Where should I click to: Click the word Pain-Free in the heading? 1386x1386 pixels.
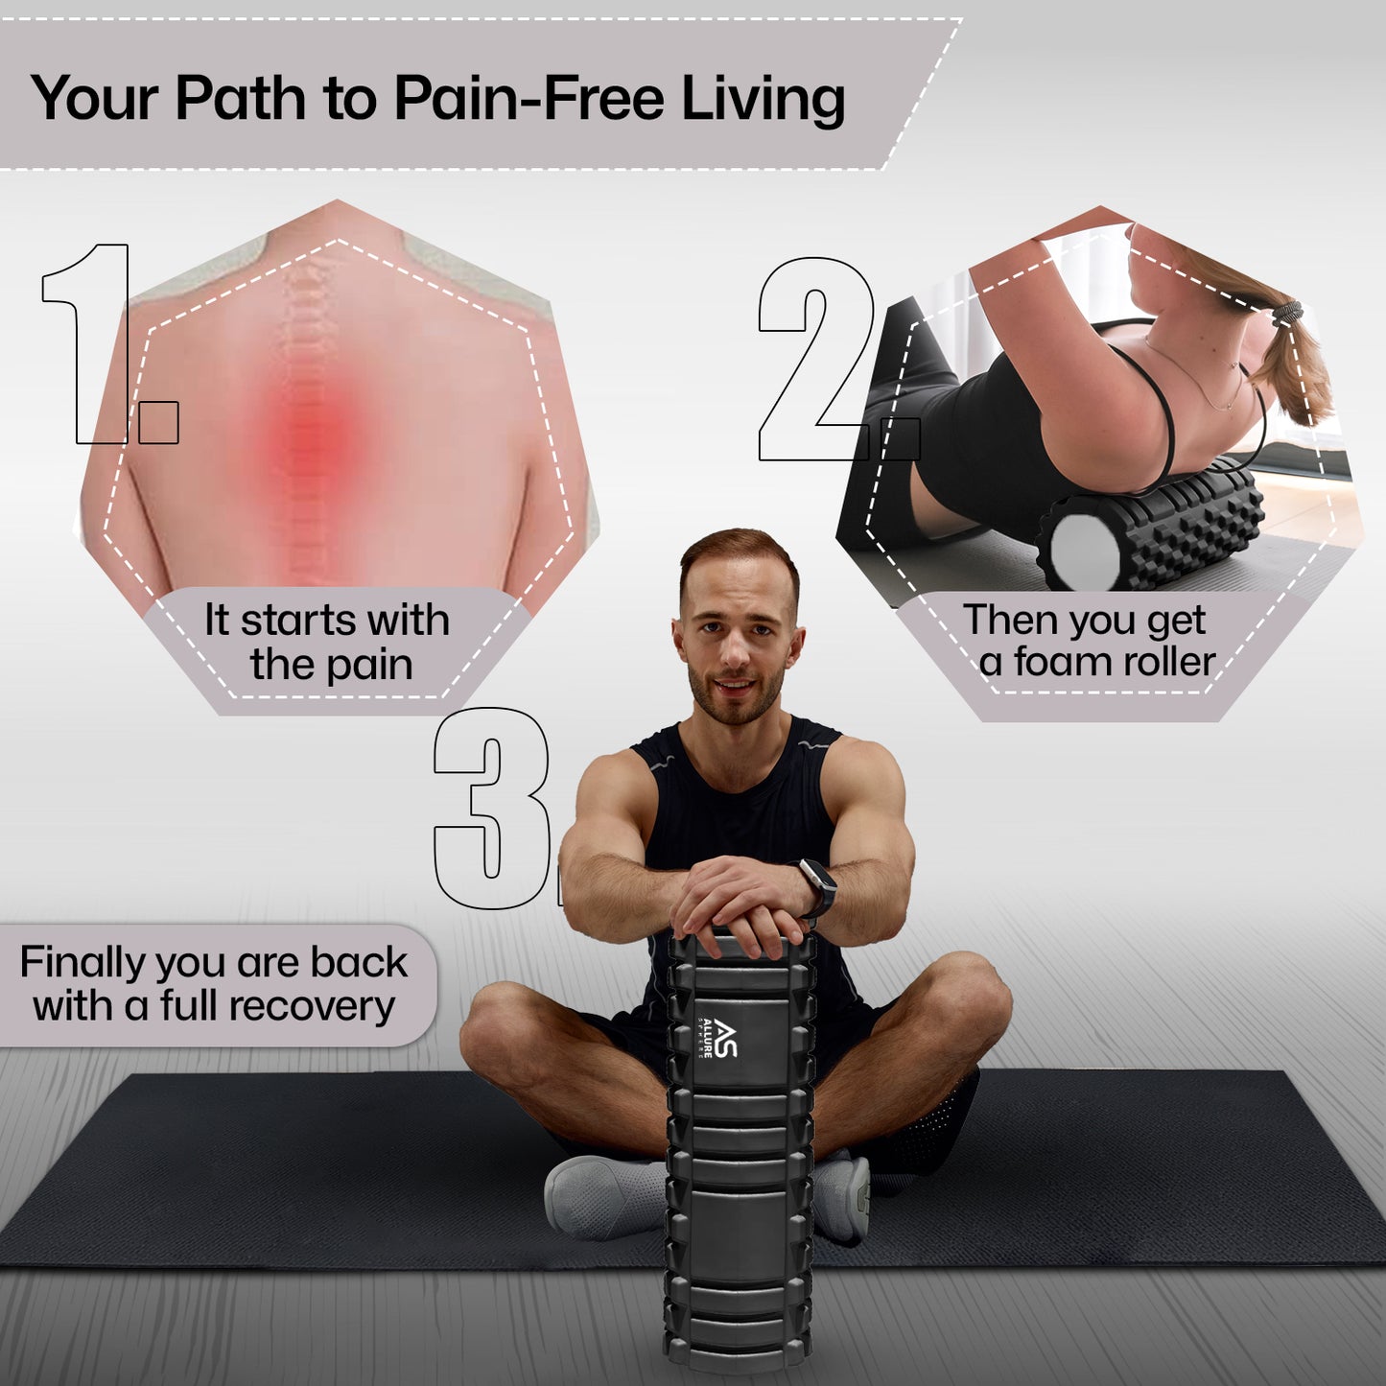pyautogui.click(x=529, y=98)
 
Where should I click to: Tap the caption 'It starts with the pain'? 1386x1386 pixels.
pyautogui.click(x=328, y=643)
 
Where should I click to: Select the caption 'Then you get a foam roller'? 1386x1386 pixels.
pyautogui.click(x=1090, y=641)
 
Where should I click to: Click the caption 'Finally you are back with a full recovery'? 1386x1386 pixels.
pyautogui.click(x=214, y=983)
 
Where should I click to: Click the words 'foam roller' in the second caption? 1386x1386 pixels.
pyautogui.click(x=1115, y=662)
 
